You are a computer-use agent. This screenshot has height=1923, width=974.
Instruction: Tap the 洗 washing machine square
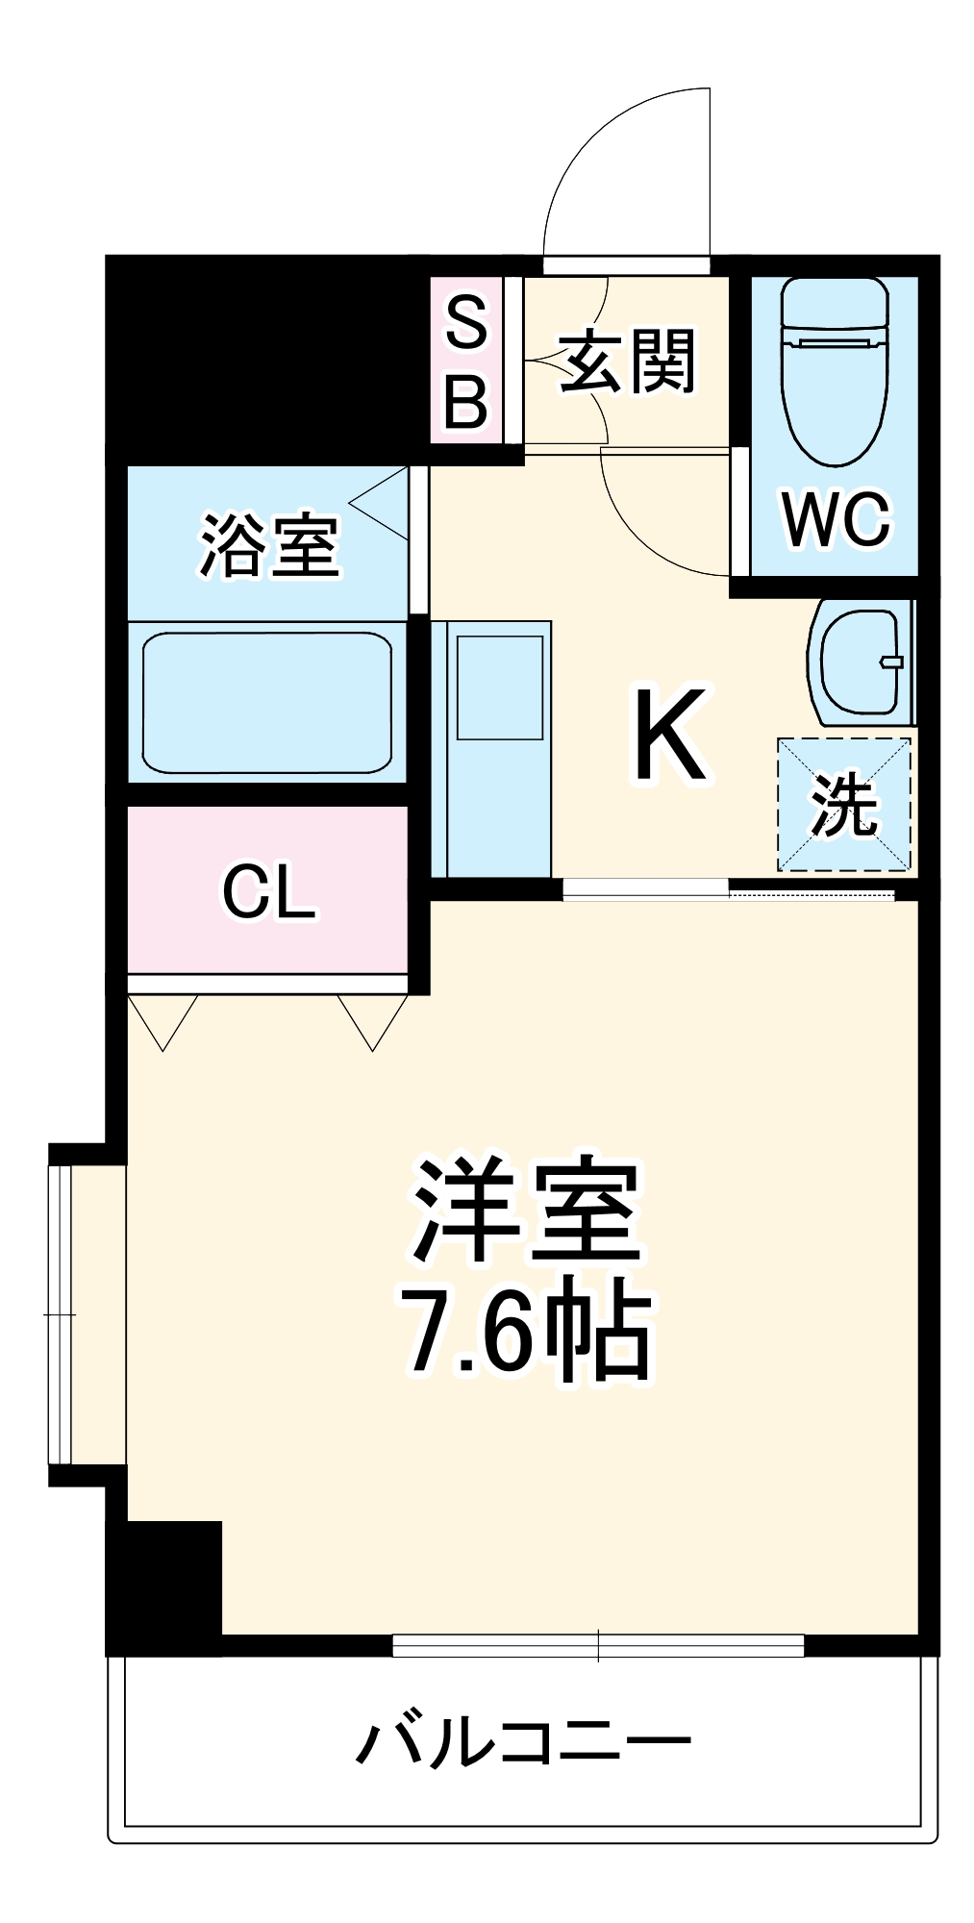coord(843,805)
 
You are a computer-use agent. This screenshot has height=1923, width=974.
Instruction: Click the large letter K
coord(669,735)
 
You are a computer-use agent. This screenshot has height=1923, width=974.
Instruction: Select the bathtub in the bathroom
coord(267,702)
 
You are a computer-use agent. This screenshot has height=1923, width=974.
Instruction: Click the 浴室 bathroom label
coord(269,546)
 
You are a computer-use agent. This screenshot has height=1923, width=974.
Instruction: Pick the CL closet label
coord(268,891)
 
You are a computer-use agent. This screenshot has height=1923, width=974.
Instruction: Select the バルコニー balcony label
coord(524,1741)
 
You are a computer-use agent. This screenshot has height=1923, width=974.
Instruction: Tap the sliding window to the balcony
coord(598,1645)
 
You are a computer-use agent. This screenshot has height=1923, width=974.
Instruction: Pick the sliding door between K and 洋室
coord(729,889)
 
